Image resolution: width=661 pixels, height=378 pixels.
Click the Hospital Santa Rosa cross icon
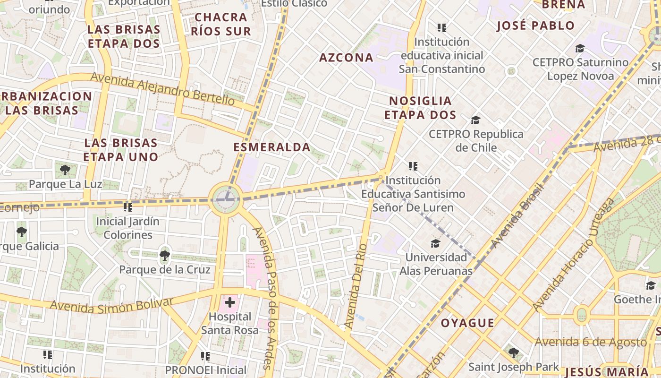point(230,302)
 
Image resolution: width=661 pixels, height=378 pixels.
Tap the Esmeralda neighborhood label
point(272,147)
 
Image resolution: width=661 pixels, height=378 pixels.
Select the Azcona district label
point(346,58)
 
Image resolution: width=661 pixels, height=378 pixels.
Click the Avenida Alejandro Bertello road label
point(162,88)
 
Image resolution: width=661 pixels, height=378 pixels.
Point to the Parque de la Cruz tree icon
point(164,256)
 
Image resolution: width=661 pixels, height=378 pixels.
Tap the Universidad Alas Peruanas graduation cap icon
point(435,243)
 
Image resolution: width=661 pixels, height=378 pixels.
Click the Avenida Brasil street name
point(517,215)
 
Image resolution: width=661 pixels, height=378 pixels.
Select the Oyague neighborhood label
point(467,323)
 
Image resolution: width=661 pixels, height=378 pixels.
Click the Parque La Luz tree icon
point(65,170)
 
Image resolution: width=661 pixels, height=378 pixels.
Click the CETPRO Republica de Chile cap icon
point(475,120)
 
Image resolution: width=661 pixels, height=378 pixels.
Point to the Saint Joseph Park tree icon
point(514,352)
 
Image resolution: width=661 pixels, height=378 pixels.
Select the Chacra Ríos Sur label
point(221,24)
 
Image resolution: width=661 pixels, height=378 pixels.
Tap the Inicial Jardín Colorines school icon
point(127,207)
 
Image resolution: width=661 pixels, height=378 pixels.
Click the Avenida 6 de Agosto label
point(590,342)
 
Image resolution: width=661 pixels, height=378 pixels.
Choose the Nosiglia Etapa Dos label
point(420,108)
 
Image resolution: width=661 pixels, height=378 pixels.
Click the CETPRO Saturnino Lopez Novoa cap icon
point(580,48)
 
